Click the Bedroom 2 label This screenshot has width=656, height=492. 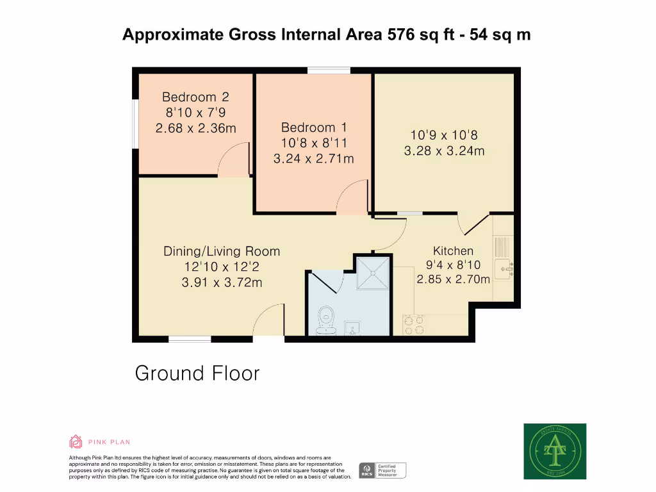[x=195, y=97]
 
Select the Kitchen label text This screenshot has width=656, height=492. [x=453, y=250]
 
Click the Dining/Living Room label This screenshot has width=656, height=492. [x=222, y=251]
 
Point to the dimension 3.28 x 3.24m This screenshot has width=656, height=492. [x=444, y=151]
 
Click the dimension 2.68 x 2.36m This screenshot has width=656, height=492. [x=195, y=128]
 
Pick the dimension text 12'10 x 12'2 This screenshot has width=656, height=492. [x=222, y=267]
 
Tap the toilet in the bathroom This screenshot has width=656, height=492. [x=326, y=318]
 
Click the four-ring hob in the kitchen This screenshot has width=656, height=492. [x=413, y=325]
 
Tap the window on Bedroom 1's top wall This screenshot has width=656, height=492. [x=329, y=70]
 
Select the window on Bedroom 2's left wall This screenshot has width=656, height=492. [x=135, y=123]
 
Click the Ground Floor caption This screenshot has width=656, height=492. [x=197, y=373]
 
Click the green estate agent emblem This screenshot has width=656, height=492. [x=555, y=451]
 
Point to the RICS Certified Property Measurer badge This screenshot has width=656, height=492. [x=382, y=470]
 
